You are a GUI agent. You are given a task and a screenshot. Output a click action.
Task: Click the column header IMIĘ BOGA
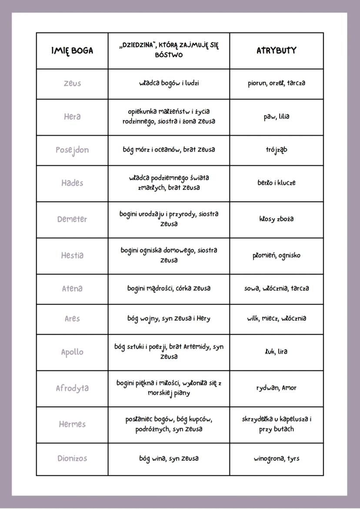(72, 50)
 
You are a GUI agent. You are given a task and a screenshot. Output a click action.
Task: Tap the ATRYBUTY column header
(277, 50)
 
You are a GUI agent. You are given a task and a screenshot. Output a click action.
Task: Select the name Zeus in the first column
(72, 83)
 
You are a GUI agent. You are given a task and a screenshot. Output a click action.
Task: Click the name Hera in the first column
(72, 116)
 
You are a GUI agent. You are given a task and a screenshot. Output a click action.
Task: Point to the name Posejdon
(72, 150)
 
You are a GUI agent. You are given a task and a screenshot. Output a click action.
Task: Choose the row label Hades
(72, 183)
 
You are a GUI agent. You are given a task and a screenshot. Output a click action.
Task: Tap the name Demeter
(72, 219)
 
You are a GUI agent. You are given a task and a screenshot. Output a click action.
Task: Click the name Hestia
(72, 255)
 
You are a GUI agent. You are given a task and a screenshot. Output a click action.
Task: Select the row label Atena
(72, 289)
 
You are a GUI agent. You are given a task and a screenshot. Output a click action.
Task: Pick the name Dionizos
(72, 458)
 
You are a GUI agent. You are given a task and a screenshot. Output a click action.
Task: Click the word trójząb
(277, 150)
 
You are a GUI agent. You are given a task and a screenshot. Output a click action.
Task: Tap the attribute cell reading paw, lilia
(277, 116)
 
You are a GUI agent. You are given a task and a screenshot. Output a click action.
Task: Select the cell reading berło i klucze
(277, 183)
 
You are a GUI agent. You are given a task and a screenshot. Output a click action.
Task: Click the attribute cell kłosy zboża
(277, 219)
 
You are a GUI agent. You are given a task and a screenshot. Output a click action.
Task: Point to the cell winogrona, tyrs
(277, 458)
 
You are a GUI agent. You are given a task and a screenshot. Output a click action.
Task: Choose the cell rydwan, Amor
(277, 388)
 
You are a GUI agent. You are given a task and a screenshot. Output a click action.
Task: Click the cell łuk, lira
(277, 351)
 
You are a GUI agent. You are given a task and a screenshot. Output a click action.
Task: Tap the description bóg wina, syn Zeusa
(169, 458)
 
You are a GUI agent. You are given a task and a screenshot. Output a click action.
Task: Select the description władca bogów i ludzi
(169, 83)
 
